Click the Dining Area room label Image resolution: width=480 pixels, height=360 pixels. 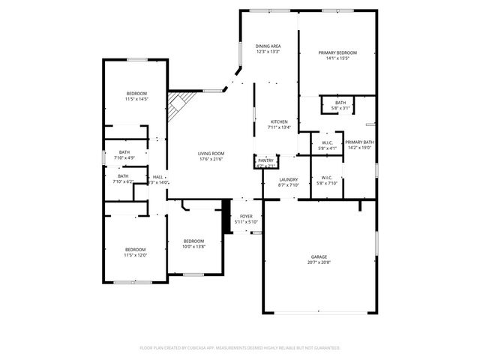pos(268,46)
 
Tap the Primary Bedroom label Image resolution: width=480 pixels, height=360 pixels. pos(337,52)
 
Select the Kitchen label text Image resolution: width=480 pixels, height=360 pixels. pos(279,121)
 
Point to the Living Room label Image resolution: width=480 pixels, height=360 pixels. pos(211,153)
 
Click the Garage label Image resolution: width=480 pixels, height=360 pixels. pos(319,257)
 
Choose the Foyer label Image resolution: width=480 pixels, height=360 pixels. pos(246,216)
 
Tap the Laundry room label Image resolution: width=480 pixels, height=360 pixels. pos(289,179)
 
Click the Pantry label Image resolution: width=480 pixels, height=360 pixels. pos(266,160)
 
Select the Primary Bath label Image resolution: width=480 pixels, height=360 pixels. pos(359,142)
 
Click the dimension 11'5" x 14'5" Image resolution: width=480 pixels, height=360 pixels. pos(136,99)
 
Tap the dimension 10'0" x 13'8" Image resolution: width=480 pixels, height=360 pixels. pos(193,247)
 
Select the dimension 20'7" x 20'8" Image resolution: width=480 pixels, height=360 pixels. pos(319,262)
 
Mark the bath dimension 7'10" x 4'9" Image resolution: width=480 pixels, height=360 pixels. pos(123,158)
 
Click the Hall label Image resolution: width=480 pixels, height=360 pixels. pos(157,177)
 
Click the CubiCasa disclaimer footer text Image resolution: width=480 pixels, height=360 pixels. pos(240,348)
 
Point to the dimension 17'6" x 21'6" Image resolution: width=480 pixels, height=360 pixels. pos(211,158)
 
